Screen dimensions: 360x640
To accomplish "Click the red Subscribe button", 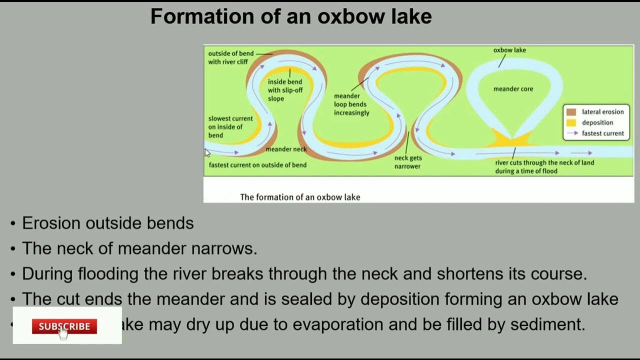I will (x=64, y=326).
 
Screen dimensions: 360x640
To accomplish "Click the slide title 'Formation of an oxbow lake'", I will (x=291, y=17).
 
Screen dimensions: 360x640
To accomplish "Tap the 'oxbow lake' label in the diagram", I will (x=509, y=50).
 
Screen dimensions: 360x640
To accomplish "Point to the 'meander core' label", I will (x=513, y=89).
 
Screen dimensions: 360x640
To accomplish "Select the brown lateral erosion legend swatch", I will (x=571, y=112).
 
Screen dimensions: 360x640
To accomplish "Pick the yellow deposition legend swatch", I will (x=571, y=123).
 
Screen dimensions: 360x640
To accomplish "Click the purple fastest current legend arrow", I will (x=572, y=133).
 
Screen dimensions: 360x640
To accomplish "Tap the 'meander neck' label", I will (x=286, y=149).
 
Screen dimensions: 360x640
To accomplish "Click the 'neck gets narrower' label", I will (x=407, y=162).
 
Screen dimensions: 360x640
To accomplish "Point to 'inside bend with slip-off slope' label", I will (x=284, y=90).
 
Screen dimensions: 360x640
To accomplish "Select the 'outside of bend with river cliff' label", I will (x=230, y=57).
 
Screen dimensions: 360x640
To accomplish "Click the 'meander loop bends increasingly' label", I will (x=351, y=104).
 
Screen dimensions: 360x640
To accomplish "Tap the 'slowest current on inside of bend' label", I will (x=230, y=127).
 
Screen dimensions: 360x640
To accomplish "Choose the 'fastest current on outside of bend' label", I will (x=257, y=165).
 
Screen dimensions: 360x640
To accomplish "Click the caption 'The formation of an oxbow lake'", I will (x=300, y=197).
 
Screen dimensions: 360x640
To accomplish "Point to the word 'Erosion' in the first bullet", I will (x=51, y=223).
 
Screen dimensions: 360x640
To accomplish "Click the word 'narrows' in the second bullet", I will (x=227, y=248).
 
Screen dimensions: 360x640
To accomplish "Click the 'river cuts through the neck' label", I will (x=544, y=166).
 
